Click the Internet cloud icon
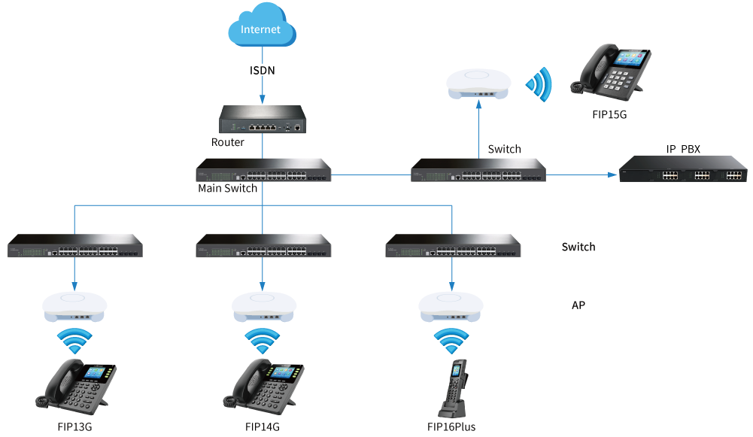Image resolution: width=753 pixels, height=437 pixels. tap(262, 29)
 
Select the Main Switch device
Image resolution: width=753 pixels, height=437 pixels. tap(263, 171)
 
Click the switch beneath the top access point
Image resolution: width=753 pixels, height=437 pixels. tap(478, 171)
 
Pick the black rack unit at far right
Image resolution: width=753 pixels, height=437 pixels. tap(682, 169)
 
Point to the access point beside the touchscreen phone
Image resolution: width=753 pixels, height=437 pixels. tap(478, 83)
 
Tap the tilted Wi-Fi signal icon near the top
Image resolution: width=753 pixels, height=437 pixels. tap(539, 84)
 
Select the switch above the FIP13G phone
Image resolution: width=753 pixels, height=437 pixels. tap(75, 247)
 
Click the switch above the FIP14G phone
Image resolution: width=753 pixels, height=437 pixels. tap(263, 247)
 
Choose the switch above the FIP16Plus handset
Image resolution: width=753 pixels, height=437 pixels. tap(452, 247)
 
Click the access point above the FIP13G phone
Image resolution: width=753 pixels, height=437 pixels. tap(75, 305)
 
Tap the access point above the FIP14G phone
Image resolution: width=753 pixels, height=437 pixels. tap(263, 305)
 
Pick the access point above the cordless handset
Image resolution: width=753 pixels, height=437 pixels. tap(451, 305)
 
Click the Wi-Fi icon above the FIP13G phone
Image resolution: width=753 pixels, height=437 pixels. tap(75, 340)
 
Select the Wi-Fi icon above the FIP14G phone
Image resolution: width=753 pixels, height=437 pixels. tap(263, 340)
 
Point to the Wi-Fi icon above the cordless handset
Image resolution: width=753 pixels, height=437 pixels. tap(451, 340)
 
